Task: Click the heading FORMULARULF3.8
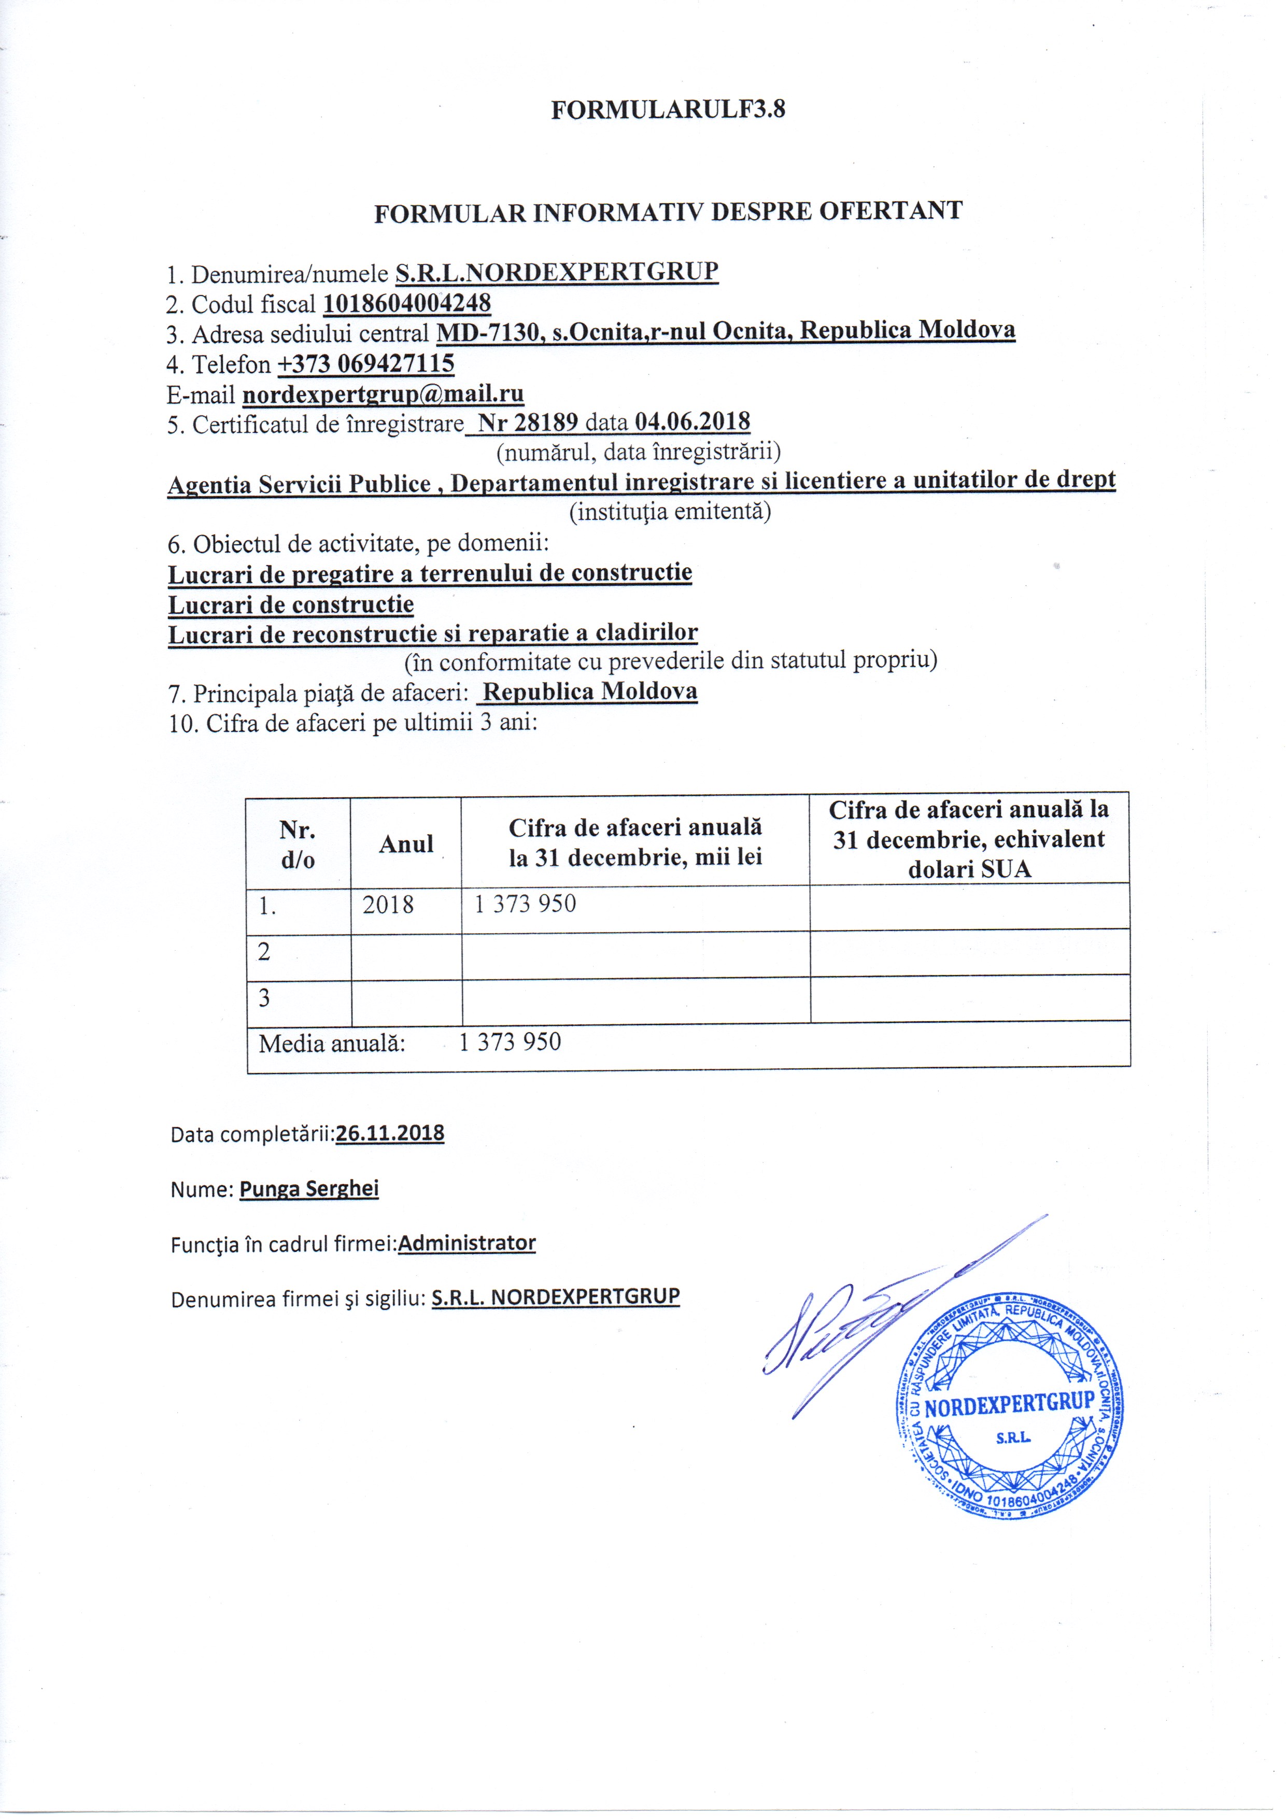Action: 668,109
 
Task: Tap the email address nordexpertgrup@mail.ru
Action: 383,394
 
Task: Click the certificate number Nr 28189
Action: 528,422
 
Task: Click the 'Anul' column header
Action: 406,844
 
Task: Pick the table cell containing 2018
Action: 388,905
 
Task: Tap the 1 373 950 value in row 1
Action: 525,904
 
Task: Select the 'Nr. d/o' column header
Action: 298,844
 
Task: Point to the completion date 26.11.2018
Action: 390,1134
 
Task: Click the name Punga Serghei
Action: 309,1189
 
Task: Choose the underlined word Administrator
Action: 467,1243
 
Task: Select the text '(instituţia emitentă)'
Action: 670,512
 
